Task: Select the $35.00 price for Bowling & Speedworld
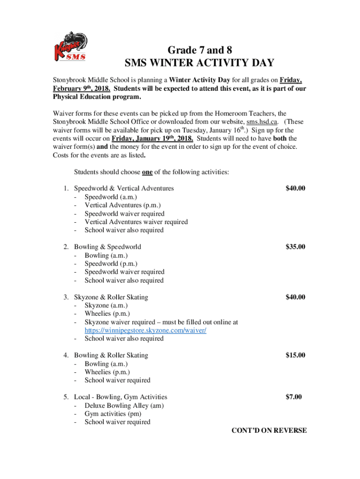pos(295,247)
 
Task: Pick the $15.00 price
pos(295,355)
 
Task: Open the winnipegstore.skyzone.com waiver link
pos(145,330)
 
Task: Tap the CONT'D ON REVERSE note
pos(269,430)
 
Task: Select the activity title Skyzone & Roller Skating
pos(111,297)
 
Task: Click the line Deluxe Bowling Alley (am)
pos(124,406)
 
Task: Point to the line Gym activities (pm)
pos(113,414)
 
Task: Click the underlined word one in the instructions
pos(147,172)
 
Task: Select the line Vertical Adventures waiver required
pos(136,222)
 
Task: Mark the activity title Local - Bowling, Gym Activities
pos(121,397)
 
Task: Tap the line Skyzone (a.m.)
pos(106,305)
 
